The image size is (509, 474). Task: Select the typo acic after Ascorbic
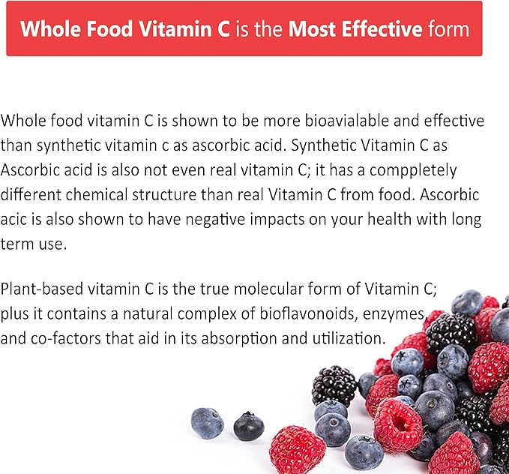coord(14,219)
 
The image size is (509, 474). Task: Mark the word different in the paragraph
coord(31,194)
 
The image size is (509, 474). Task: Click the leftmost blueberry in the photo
coord(207,423)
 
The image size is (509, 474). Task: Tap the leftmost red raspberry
coord(298,448)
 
